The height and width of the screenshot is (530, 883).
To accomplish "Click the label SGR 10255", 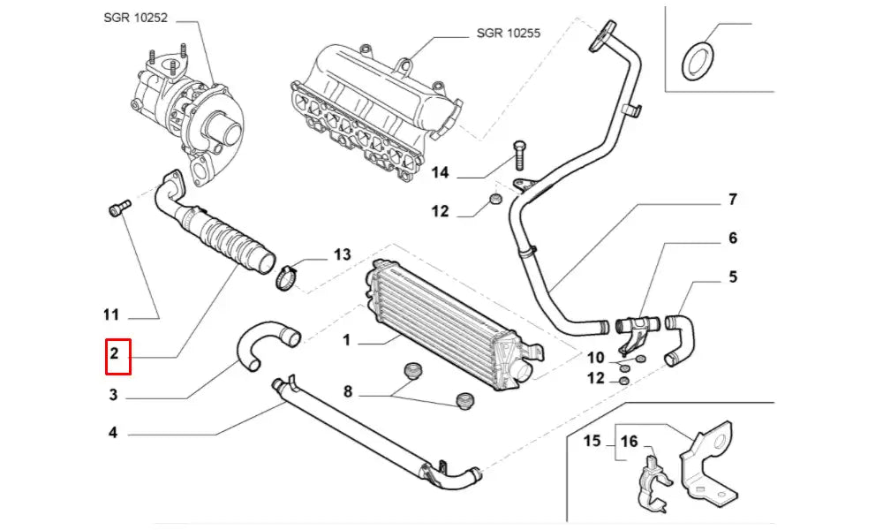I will point(508,34).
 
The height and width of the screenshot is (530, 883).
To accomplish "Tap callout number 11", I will point(110,314).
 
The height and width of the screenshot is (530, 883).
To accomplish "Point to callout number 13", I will point(342,255).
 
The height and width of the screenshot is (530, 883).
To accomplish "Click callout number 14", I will point(441,173).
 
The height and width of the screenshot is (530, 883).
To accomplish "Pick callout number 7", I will point(732,200).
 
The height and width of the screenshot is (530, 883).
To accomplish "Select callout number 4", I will point(113,433).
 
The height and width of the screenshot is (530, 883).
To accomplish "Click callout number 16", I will point(629,441).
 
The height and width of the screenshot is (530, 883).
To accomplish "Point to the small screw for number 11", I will point(117,208).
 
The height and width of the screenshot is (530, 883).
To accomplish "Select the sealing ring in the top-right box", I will point(699,60).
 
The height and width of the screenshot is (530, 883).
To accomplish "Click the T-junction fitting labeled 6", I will point(638,328).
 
